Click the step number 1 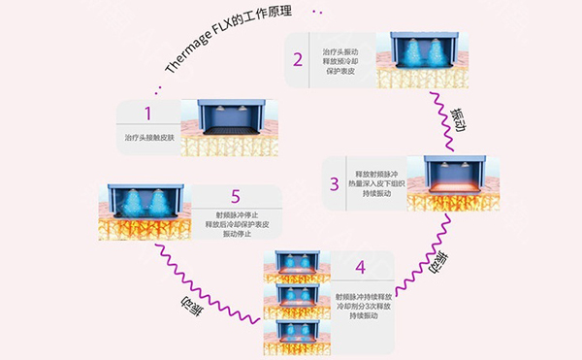click(147, 114)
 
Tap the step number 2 click(298, 59)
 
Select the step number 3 click(334, 184)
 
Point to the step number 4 click(361, 268)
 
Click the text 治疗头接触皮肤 click(148, 138)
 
